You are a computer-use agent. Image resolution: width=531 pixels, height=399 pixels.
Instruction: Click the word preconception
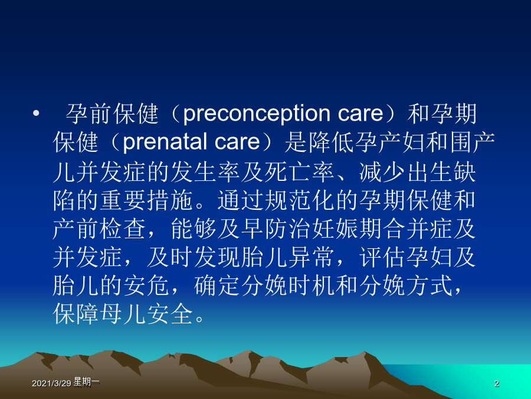tap(257, 114)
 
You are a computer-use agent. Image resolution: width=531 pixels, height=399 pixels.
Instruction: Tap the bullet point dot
tap(36, 113)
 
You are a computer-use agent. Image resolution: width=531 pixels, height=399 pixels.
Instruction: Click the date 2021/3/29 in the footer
tap(51, 384)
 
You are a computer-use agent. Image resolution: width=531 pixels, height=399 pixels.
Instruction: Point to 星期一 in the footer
tap(86, 382)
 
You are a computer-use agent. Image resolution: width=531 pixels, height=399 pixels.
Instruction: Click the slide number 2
tap(496, 384)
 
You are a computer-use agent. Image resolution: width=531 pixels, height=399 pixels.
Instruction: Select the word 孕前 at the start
tap(88, 113)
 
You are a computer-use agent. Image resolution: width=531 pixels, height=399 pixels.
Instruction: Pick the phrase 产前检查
tap(100, 229)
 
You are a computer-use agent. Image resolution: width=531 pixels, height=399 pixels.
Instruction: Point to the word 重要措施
tap(147, 200)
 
